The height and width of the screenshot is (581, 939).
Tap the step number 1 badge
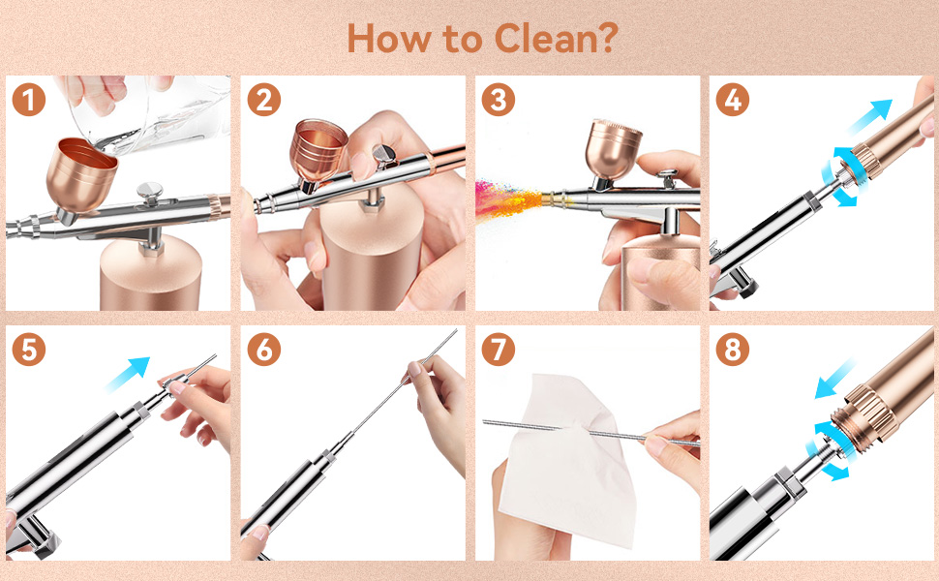29,100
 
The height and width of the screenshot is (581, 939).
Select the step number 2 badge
263,100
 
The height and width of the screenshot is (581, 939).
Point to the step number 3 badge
499,100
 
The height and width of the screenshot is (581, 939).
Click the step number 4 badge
733,100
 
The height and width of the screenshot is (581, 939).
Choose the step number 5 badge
29,350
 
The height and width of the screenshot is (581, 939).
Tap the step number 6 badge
263,350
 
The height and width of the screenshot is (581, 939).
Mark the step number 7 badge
499,350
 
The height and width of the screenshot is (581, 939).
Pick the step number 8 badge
733,350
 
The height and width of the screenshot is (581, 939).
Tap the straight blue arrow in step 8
836,379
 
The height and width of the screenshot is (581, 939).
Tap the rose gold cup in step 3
612,148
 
